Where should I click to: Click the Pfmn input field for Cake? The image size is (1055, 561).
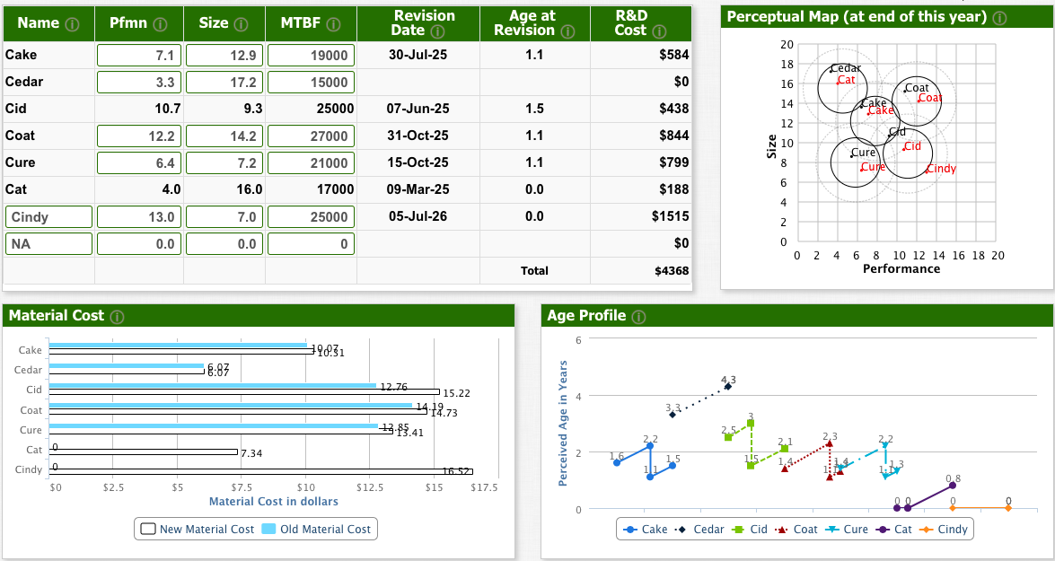point(139,55)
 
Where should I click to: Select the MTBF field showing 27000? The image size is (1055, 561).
point(311,136)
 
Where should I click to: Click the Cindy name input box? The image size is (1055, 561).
point(49,216)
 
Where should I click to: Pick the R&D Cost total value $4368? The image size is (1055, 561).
point(672,270)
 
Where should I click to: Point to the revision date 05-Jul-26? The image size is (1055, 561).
point(418,216)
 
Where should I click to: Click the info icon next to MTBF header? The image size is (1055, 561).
point(332,23)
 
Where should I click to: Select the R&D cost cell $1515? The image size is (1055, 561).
point(671,216)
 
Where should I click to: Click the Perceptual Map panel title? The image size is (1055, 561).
point(857,17)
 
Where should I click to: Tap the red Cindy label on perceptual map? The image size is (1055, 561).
point(941,169)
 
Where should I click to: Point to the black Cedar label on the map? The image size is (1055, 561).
point(845,68)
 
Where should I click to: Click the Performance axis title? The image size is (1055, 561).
point(901,269)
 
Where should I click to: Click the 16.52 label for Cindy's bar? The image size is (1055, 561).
point(457,472)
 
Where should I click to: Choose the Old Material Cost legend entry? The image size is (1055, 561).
point(318,529)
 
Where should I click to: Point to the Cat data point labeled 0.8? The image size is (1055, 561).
point(953,486)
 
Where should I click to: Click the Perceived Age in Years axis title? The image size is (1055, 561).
point(563,423)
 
